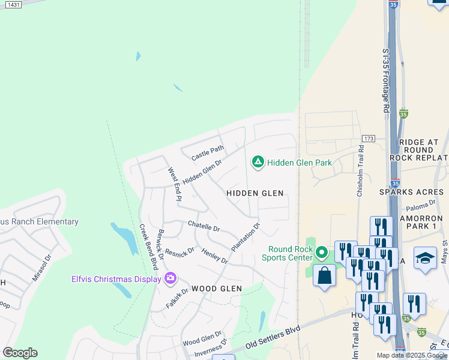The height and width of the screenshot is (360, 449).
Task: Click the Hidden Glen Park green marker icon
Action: pyautogui.click(x=258, y=162)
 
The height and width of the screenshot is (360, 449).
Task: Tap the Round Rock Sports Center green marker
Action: pyautogui.click(x=322, y=253)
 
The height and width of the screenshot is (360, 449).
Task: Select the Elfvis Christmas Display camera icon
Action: pyautogui.click(x=170, y=278)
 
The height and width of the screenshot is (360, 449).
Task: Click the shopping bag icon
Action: pyautogui.click(x=324, y=276)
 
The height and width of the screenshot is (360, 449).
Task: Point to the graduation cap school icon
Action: pyautogui.click(x=425, y=258)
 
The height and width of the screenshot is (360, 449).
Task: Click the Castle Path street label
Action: pyautogui.click(x=207, y=153)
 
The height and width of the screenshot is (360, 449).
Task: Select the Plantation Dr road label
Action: pyautogui.click(x=246, y=238)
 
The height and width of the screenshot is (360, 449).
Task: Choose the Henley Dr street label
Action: pyautogui.click(x=214, y=256)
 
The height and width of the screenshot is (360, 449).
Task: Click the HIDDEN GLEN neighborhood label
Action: pyautogui.click(x=255, y=193)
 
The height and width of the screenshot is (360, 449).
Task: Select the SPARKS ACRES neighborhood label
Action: pyautogui.click(x=411, y=192)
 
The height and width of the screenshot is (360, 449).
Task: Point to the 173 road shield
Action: pyautogui.click(x=368, y=139)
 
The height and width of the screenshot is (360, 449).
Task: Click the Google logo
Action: pyautogui.click(x=20, y=353)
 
